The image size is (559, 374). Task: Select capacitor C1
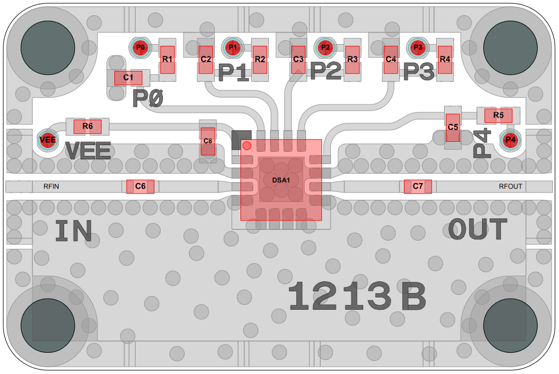128,78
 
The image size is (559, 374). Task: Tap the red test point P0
140,48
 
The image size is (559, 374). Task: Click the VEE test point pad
47,140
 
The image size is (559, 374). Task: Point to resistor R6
88,126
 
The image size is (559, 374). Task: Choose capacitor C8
208,141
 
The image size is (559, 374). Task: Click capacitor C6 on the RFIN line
140,186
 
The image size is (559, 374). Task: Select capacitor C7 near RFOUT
418,186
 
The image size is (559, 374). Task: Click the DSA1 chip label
281,180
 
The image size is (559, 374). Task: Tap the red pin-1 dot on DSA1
247,146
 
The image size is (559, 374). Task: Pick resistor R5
498,116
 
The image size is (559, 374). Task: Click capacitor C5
452,127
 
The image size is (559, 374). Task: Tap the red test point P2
325,47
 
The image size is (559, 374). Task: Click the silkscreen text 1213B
357,296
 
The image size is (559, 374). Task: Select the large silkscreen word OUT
478,230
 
